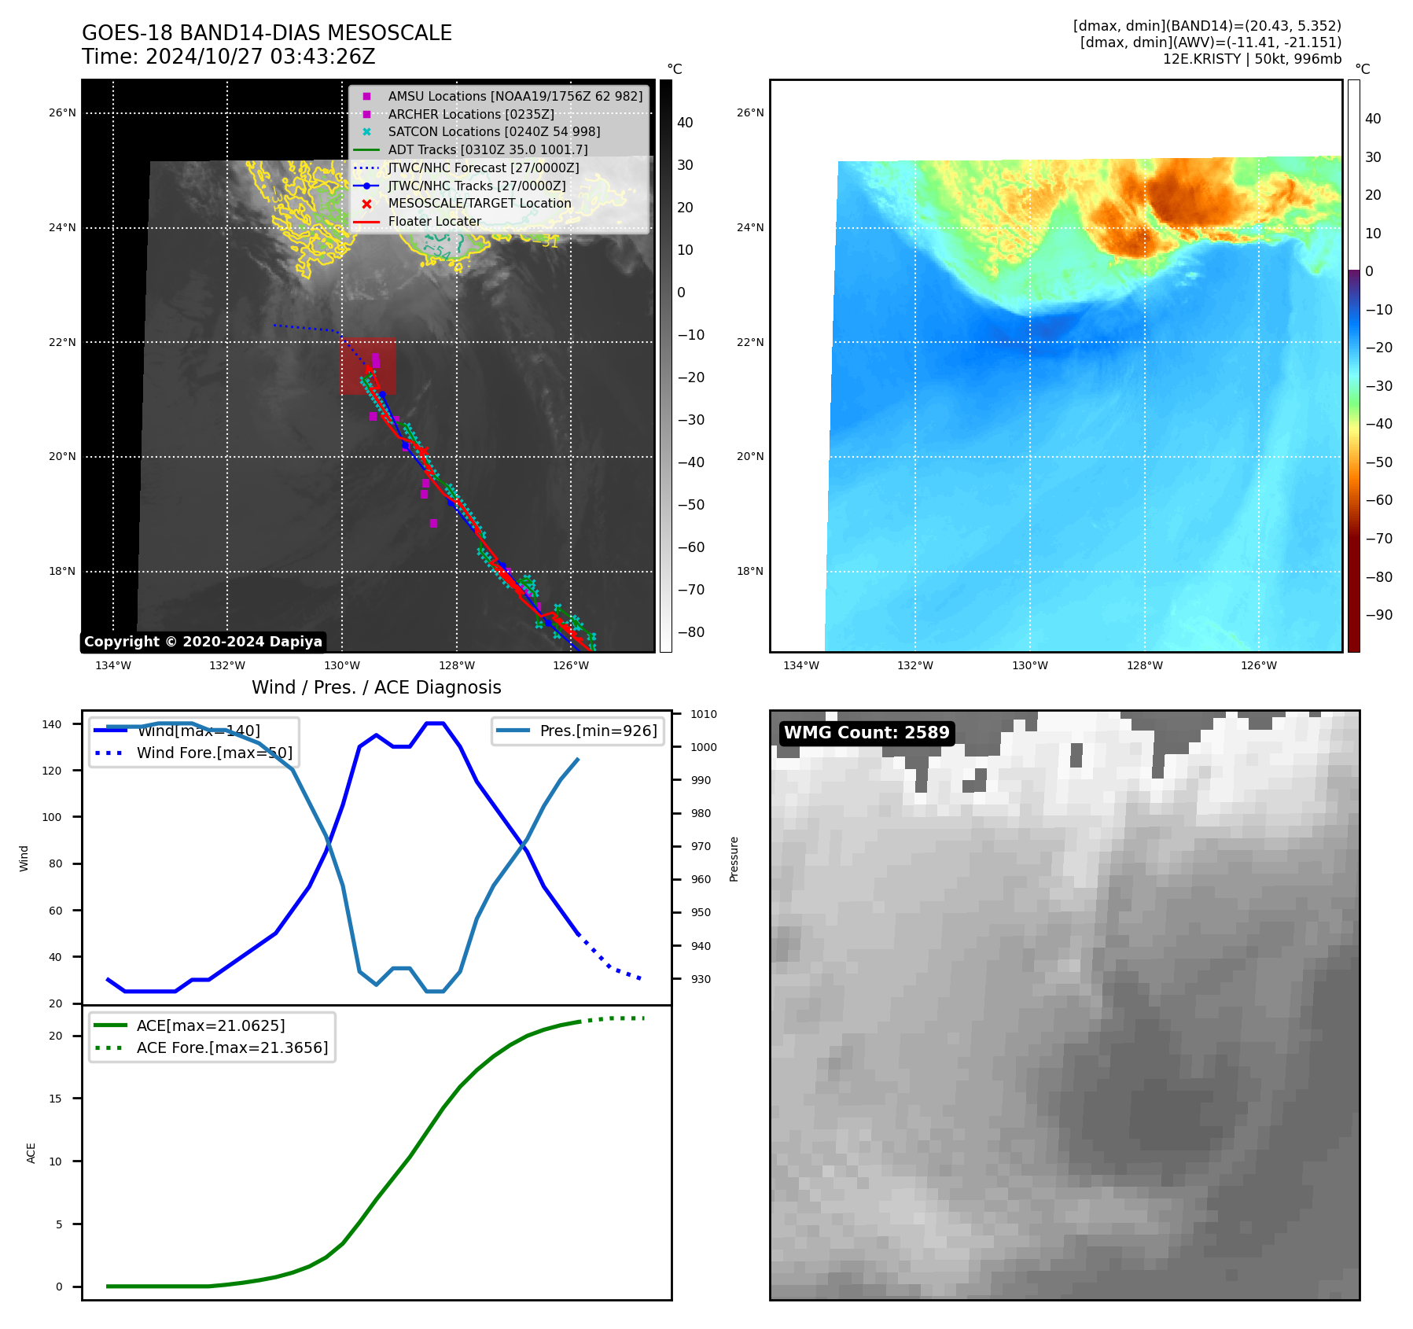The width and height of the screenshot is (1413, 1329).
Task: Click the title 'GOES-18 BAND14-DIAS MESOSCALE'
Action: [x=267, y=33]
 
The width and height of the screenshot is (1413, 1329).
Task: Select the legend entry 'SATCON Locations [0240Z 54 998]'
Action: [x=494, y=132]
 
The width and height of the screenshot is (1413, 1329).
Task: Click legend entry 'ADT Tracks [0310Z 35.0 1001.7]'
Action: [x=488, y=150]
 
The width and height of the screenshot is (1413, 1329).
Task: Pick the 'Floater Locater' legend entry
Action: [x=434, y=222]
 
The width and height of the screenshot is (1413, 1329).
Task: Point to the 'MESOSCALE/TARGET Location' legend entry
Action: [x=480, y=204]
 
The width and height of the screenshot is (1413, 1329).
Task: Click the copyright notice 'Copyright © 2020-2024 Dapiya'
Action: [x=203, y=642]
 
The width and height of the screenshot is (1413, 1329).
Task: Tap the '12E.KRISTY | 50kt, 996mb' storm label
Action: [x=1252, y=59]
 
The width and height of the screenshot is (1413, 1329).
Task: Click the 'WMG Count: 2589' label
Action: [x=867, y=733]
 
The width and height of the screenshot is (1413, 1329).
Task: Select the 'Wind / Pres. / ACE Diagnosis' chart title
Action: [x=376, y=687]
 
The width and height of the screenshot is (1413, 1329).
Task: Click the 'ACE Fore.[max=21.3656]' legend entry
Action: [x=232, y=1047]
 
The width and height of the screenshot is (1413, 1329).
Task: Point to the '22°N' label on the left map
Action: [x=62, y=342]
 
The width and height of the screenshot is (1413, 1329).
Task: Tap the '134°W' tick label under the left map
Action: [x=113, y=666]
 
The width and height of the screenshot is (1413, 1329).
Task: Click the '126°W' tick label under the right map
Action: [x=1259, y=666]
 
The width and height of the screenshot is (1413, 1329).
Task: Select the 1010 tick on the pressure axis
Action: [x=704, y=714]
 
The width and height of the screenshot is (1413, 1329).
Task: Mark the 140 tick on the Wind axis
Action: [x=52, y=724]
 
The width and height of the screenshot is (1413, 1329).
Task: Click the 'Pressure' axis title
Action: [x=734, y=859]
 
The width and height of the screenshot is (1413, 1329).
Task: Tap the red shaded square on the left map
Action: [x=368, y=366]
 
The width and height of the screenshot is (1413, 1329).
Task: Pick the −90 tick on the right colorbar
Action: [x=1378, y=615]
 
